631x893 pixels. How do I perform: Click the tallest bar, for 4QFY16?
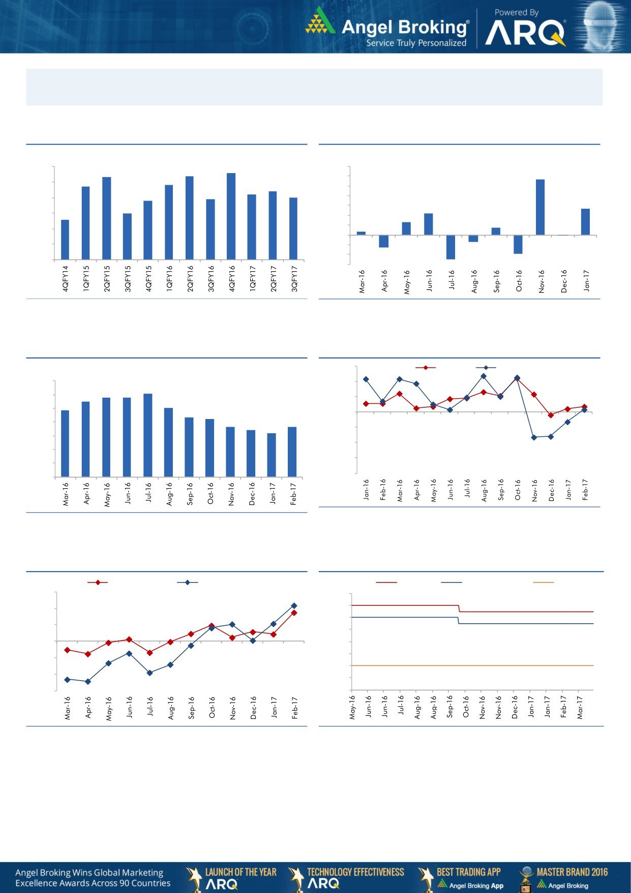(x=231, y=216)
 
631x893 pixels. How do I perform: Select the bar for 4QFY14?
(x=65, y=240)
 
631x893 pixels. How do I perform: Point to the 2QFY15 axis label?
(x=107, y=278)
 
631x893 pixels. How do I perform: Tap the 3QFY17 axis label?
(x=294, y=278)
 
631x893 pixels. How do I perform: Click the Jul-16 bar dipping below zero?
(x=450, y=247)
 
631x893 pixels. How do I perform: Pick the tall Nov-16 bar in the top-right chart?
(x=540, y=207)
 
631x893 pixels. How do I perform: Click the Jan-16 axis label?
(x=366, y=490)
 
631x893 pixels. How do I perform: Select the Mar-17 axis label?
(x=580, y=708)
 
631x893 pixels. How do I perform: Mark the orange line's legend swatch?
(x=543, y=582)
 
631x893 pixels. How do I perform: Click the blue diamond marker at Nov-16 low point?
(x=534, y=437)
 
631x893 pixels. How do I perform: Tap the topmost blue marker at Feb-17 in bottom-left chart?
(x=294, y=606)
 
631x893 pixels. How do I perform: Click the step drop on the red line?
(x=459, y=608)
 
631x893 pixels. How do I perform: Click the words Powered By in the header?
(x=516, y=13)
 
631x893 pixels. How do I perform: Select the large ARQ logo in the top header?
(x=525, y=34)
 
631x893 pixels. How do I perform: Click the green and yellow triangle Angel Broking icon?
(x=320, y=22)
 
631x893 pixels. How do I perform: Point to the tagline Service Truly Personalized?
(x=416, y=43)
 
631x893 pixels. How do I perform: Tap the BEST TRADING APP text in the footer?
(x=468, y=872)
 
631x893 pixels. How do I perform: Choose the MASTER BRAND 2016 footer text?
(x=572, y=872)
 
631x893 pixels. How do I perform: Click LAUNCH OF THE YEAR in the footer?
(x=241, y=872)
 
